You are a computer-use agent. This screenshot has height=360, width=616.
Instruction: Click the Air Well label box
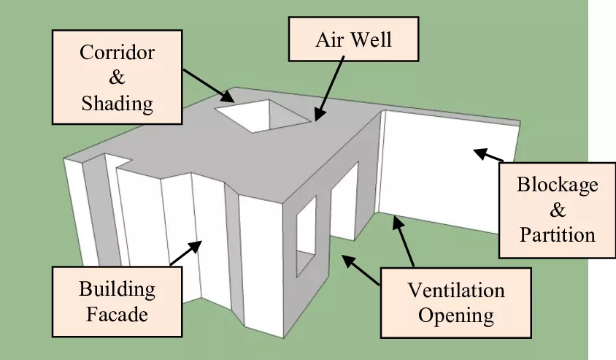(x=354, y=39)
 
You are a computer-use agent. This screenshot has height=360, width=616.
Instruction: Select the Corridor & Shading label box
(x=118, y=77)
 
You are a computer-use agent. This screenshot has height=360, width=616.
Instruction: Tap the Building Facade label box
(x=117, y=302)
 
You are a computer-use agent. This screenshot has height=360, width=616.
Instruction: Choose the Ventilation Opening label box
(x=455, y=303)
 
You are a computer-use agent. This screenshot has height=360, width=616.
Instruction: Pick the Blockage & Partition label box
(x=557, y=209)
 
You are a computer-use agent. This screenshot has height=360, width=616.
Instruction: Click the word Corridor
(x=118, y=53)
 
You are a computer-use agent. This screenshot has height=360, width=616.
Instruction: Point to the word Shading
(x=118, y=103)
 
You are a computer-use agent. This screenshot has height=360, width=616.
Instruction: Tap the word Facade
(x=117, y=315)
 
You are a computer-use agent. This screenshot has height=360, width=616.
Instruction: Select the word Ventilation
(x=455, y=290)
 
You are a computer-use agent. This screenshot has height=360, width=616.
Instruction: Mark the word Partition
(x=557, y=234)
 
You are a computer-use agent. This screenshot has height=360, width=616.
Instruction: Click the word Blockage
(x=557, y=184)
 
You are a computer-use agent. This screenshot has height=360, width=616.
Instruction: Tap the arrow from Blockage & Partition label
(x=489, y=155)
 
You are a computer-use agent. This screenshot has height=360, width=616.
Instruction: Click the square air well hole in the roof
(x=259, y=115)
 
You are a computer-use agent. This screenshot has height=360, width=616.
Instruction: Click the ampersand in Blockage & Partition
(x=557, y=210)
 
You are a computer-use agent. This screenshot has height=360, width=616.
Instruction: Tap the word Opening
(x=455, y=316)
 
